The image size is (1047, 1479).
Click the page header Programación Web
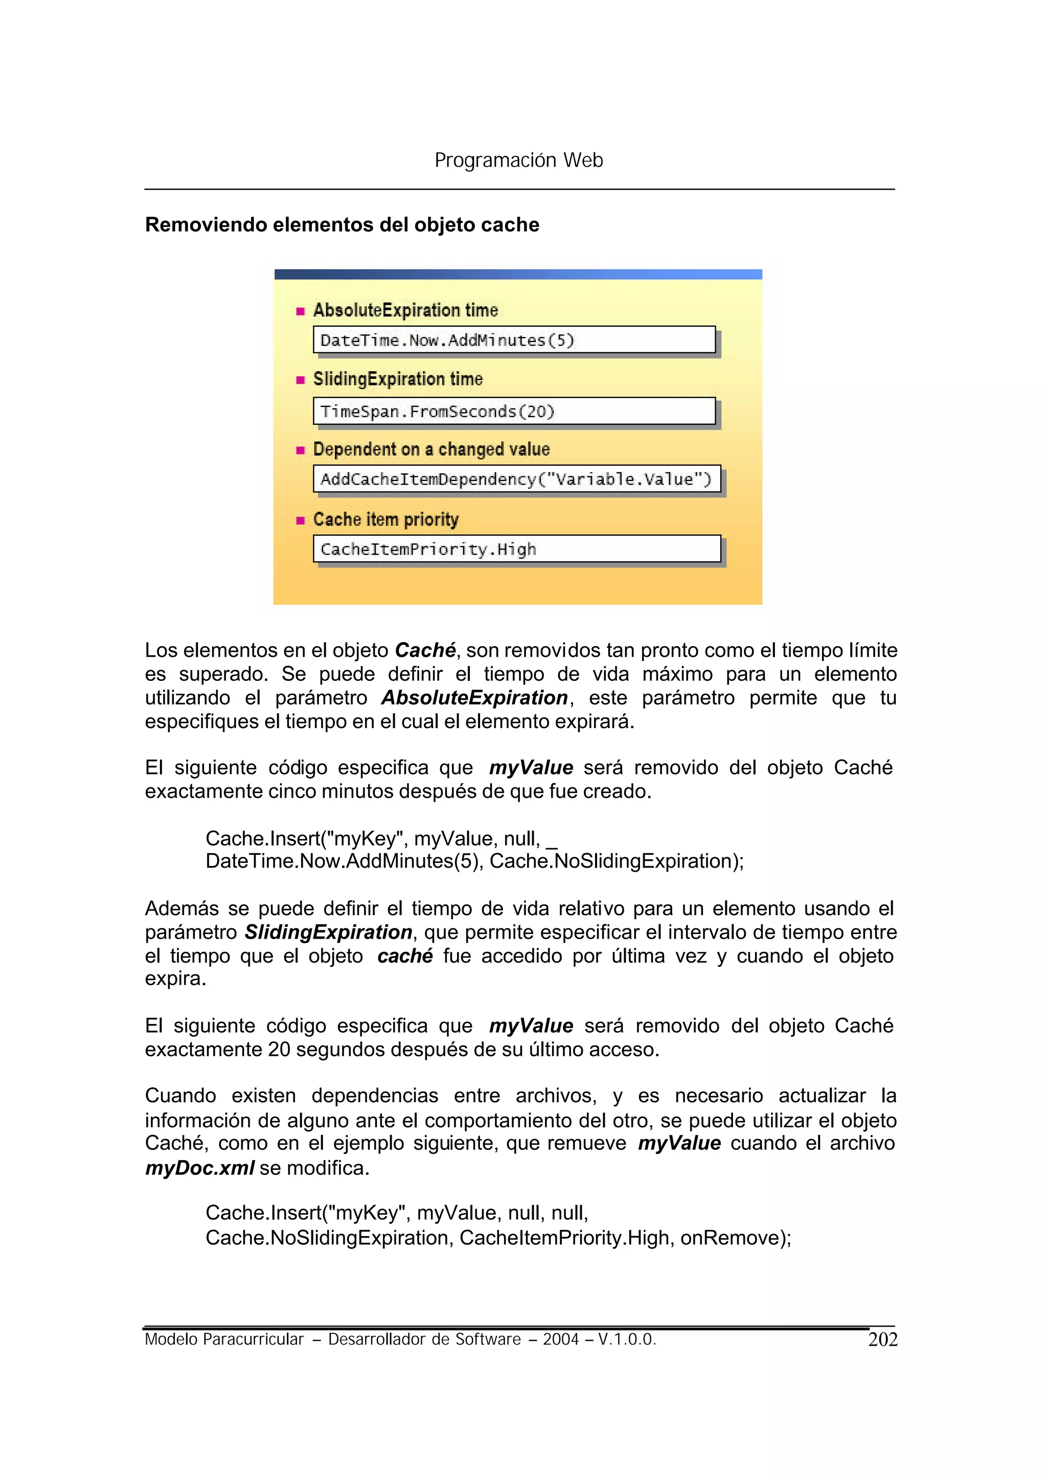coord(518,160)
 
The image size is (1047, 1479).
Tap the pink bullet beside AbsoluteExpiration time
coord(300,311)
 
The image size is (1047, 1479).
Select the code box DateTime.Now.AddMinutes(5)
coord(514,340)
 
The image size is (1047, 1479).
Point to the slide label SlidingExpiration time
coord(397,379)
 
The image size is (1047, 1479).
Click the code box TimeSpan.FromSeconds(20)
coord(514,412)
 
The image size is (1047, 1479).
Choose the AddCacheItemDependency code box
coord(516,479)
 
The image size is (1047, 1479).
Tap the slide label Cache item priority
coord(385,519)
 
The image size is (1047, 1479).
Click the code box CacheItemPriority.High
coord(516,549)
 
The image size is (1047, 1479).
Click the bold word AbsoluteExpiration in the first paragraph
coord(474,698)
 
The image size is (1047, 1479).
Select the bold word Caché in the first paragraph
coord(425,650)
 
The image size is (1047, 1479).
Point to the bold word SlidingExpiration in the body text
coord(328,932)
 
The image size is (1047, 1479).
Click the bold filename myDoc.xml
coord(199,1168)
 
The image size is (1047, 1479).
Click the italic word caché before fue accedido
coord(405,956)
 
